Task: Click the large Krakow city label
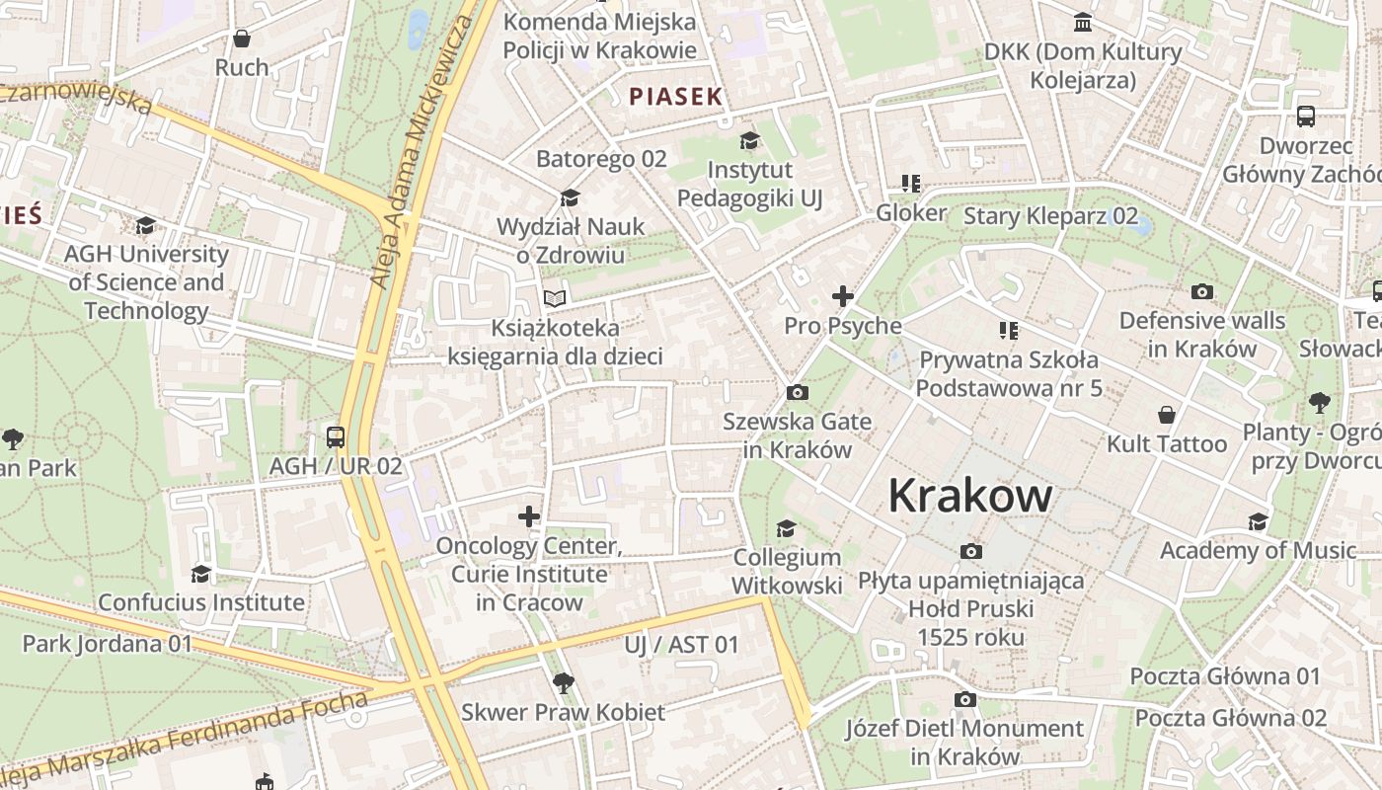(x=969, y=495)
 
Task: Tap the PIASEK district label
(x=676, y=97)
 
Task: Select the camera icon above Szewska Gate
(x=798, y=393)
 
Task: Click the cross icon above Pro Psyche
(x=842, y=296)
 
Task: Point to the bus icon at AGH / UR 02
(x=336, y=437)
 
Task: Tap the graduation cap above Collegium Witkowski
(x=786, y=529)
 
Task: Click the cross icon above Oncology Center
(x=529, y=516)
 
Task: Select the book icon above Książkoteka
(x=556, y=298)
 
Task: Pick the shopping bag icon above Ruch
(x=242, y=39)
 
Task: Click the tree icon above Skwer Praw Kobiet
(x=563, y=682)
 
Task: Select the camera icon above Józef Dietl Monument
(x=964, y=700)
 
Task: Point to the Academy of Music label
(x=1258, y=550)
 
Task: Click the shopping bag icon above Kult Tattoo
(x=1167, y=415)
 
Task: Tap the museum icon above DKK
(x=1083, y=23)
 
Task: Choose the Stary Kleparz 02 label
(x=1050, y=216)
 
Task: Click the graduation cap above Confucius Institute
(x=200, y=574)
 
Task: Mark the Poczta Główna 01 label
(x=1225, y=676)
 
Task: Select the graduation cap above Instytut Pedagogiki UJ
(x=750, y=141)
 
